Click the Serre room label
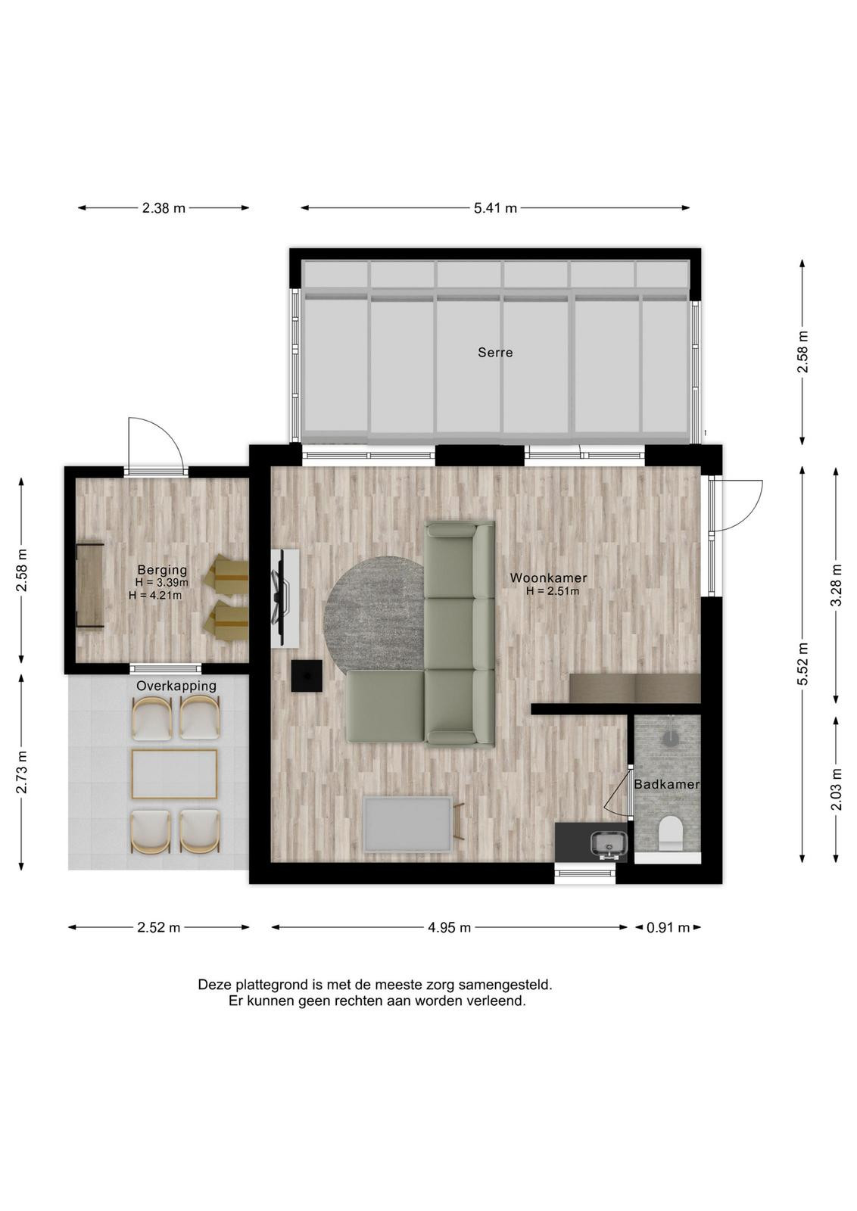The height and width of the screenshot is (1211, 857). [494, 353]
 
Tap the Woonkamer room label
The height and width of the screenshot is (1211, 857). [548, 578]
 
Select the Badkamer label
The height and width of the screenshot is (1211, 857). [666, 784]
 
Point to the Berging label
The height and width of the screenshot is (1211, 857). [162, 569]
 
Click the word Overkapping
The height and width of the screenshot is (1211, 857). [176, 686]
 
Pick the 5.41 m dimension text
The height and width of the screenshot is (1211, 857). [495, 208]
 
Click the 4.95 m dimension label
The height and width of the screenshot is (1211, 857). [449, 928]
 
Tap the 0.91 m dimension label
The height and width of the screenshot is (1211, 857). [668, 928]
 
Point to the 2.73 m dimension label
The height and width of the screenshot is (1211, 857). [22, 771]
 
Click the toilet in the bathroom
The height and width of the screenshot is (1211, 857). [671, 833]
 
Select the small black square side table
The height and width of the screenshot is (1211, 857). [307, 676]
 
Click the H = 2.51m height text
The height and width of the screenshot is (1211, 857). [553, 591]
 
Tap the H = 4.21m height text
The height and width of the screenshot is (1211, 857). [155, 596]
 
